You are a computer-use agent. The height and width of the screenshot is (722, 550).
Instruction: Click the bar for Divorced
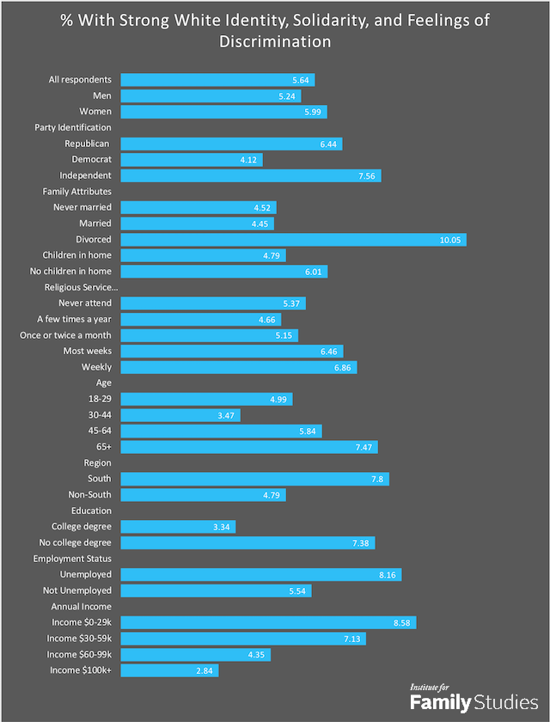click(293, 240)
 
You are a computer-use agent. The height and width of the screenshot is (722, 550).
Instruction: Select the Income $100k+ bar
click(169, 670)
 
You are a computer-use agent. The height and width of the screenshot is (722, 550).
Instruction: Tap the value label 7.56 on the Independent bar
click(367, 176)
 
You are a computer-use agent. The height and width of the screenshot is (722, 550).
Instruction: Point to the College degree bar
click(178, 527)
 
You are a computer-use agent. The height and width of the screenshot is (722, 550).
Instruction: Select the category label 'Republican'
click(87, 144)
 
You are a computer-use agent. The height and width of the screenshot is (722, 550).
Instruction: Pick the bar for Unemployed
click(261, 574)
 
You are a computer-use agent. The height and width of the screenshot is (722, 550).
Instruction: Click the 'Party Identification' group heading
click(73, 128)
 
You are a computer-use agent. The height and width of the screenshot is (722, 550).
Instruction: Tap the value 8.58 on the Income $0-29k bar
click(402, 622)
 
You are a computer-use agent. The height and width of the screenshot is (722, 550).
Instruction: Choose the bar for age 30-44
click(180, 415)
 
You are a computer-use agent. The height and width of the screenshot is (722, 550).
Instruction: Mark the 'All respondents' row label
click(80, 80)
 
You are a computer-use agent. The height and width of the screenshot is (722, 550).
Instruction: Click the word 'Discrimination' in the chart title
click(275, 40)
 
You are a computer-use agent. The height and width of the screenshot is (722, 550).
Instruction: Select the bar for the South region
click(255, 479)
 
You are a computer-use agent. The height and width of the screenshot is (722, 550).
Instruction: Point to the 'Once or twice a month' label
click(65, 335)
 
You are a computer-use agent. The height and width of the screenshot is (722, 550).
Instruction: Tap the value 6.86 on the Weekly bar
click(343, 367)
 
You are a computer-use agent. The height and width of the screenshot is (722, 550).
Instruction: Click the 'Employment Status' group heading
click(73, 559)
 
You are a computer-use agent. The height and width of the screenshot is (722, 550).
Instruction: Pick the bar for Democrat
click(192, 160)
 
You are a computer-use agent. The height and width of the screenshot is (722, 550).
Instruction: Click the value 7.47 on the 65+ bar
click(364, 447)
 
